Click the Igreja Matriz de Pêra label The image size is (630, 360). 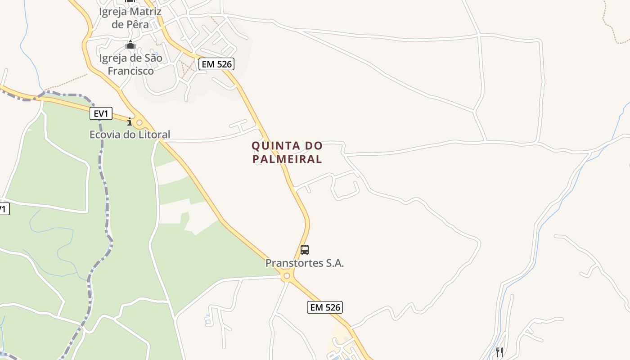coord(130,18)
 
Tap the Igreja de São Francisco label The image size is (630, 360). coord(130,64)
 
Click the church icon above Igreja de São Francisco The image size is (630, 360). coord(130,45)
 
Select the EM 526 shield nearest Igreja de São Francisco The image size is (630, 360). coord(216,64)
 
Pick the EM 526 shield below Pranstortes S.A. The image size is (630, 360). coord(325,307)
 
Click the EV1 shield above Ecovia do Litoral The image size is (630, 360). coord(101,114)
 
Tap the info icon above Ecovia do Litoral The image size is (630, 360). coord(130,121)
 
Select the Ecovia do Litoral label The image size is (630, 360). coord(130,135)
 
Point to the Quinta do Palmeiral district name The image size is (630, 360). coord(287,152)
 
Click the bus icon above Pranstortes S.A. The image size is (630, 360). coord(305,250)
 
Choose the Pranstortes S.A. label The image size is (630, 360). coord(305,263)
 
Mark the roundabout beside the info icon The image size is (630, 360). coord(139,122)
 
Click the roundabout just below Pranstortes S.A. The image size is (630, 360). coord(287,275)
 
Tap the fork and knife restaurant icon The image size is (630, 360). coord(499,352)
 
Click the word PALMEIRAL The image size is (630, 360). coord(287,159)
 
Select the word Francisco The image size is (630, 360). coord(130,71)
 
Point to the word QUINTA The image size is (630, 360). coord(269,146)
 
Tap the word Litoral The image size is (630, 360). coord(154,135)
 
